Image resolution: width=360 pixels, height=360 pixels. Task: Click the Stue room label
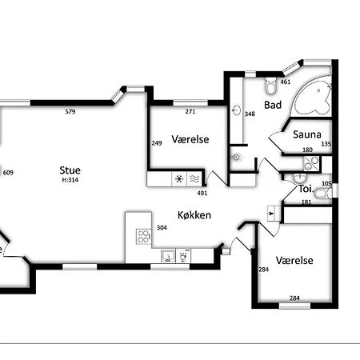70,170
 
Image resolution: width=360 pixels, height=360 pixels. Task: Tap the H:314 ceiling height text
70,180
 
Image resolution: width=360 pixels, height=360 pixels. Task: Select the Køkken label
194,215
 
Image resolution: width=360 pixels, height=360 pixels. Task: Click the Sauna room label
307,134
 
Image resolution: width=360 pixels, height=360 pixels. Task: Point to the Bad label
273,105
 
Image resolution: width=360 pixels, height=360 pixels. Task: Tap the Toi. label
306,189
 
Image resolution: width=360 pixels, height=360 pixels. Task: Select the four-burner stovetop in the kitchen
143,237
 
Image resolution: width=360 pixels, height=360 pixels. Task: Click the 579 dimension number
70,111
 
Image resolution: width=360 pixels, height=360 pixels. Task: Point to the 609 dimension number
8,173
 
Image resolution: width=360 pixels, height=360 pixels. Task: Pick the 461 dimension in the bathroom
285,82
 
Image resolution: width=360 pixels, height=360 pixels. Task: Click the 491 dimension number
202,193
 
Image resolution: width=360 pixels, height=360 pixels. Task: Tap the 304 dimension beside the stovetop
162,227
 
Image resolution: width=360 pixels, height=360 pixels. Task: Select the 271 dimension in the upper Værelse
190,111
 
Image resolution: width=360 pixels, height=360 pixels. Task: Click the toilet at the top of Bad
270,86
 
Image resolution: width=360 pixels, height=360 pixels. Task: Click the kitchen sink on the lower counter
168,256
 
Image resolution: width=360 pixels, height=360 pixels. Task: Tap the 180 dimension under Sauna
307,150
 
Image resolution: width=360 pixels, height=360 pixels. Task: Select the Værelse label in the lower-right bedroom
294,260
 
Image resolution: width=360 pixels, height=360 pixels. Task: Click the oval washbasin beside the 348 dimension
236,110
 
